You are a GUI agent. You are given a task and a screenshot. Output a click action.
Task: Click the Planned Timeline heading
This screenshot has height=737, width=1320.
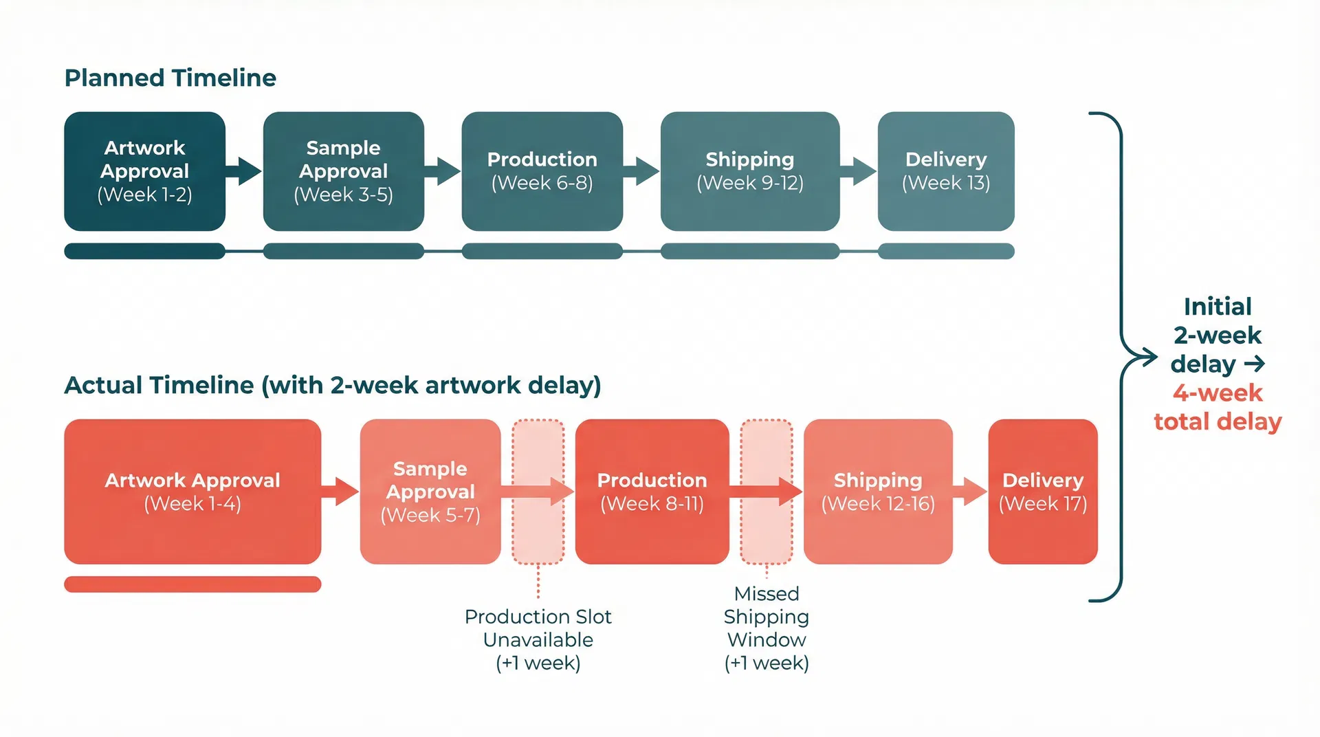coord(170,78)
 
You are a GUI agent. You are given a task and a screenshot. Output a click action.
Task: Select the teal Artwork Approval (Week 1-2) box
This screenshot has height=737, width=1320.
coord(144,171)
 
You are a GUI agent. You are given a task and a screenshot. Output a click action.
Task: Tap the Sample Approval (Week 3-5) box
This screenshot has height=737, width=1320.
coord(343,171)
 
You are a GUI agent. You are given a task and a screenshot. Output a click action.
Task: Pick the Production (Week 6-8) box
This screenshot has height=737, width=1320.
coord(542,171)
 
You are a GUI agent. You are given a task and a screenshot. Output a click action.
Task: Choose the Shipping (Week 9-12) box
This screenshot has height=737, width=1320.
coord(749,171)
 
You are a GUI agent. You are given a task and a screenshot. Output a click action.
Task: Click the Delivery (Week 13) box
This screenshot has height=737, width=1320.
coord(945,171)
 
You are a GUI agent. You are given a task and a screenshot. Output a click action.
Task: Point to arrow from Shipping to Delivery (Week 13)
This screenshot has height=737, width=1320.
coord(859,171)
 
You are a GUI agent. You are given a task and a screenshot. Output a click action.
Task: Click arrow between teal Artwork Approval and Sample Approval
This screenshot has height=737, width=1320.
coord(244,171)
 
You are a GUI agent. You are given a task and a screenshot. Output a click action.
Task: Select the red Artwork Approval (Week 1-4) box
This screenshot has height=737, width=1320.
coord(192,492)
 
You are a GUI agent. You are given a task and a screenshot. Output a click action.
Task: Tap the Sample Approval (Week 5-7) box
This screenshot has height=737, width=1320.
coord(430,492)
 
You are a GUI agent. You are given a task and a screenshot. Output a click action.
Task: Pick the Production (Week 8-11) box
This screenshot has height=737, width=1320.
coord(652,492)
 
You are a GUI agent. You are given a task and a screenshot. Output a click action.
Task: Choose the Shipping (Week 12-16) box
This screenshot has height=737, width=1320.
coord(877,492)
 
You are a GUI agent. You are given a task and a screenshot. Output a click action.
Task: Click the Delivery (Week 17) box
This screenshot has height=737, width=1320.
coord(1042,492)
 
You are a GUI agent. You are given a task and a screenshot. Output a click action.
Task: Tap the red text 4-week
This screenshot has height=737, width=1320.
coord(1218,393)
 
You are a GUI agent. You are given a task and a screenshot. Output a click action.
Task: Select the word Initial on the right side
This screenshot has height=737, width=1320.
coord(1218,306)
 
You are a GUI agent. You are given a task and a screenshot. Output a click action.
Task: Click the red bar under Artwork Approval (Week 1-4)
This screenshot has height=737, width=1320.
coord(192,584)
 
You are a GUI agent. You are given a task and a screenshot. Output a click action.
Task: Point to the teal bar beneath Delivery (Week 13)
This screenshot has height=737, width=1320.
coord(945,251)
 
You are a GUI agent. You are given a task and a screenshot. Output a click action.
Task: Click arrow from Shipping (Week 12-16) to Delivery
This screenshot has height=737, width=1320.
coord(971,492)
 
